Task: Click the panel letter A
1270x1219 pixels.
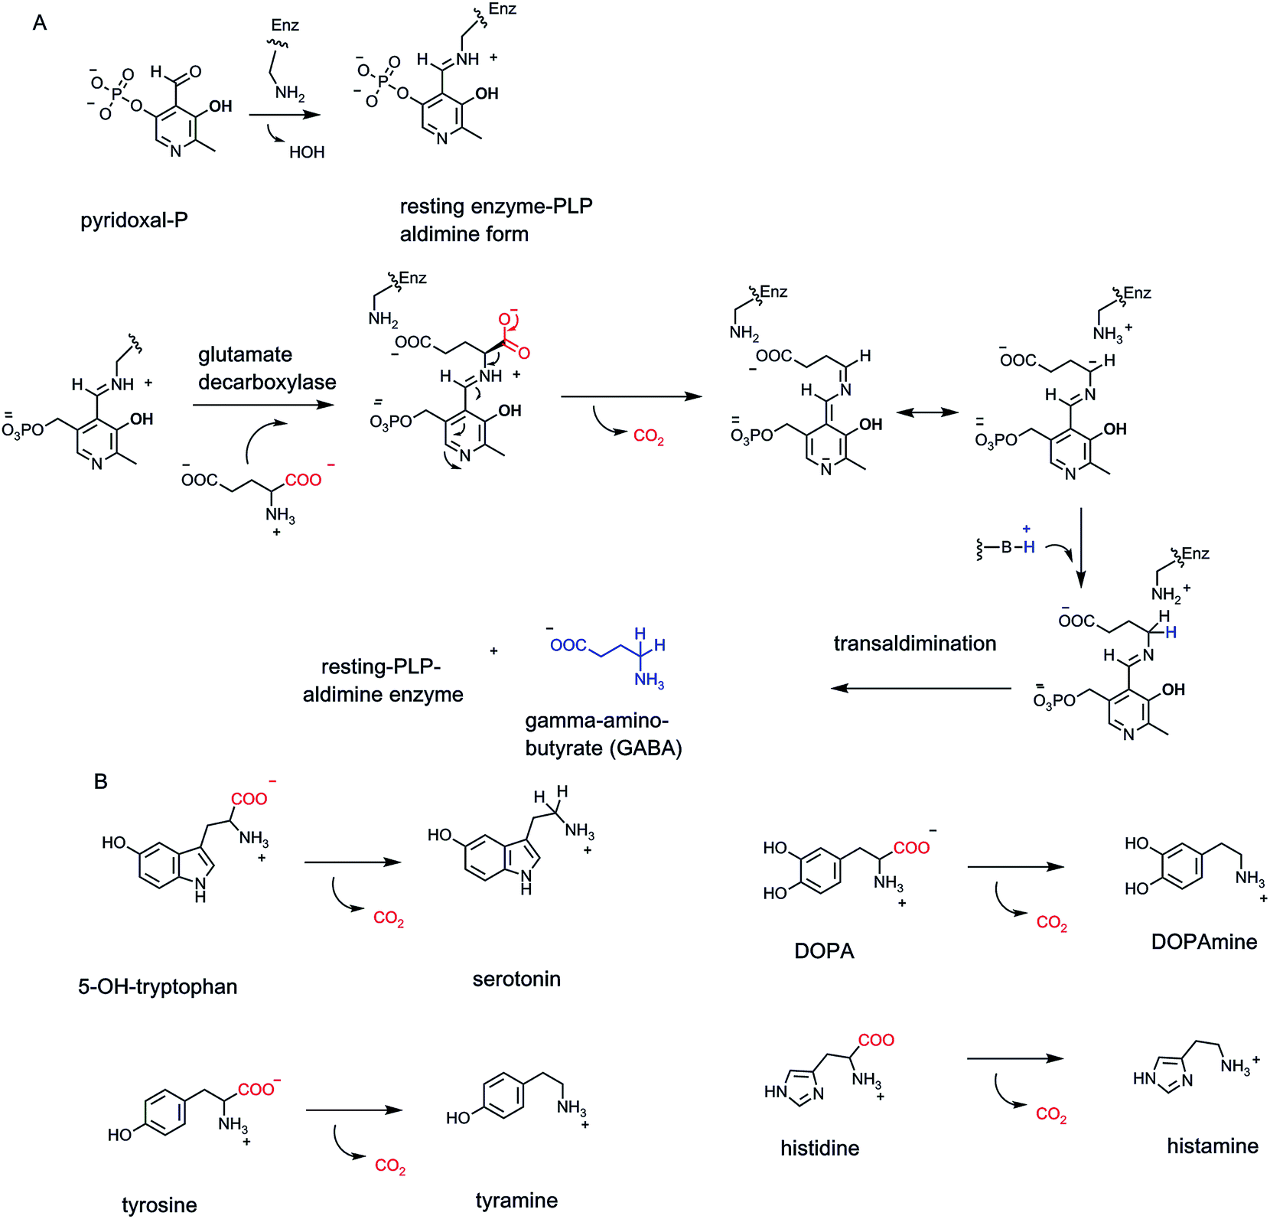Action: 40,23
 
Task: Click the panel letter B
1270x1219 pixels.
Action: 100,781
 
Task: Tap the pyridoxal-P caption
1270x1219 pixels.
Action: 134,221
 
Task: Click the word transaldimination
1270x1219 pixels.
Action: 915,644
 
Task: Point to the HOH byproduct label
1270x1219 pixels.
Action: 307,152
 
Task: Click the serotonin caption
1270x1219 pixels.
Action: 516,979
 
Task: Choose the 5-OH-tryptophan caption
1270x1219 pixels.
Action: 158,987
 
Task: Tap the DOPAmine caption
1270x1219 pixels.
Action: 1203,942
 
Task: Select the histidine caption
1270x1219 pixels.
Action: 819,1148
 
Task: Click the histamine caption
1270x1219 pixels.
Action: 1212,1146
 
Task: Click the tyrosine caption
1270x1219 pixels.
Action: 159,1206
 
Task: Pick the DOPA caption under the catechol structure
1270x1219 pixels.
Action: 824,951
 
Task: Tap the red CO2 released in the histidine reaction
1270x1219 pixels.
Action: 1051,1115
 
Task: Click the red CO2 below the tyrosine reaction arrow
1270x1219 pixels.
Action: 390,1166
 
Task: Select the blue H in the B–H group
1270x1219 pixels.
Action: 1029,547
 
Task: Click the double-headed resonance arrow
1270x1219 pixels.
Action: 927,413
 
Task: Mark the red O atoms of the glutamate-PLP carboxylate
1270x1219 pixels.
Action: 513,335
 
